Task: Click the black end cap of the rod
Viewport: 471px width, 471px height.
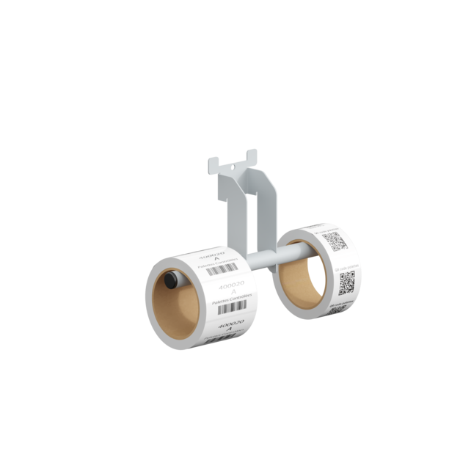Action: [170, 280]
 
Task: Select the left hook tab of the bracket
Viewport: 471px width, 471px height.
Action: [213, 162]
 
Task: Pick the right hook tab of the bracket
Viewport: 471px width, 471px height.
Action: [254, 156]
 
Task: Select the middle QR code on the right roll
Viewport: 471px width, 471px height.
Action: [347, 281]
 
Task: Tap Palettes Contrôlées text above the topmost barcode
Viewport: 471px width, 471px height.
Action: [227, 261]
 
